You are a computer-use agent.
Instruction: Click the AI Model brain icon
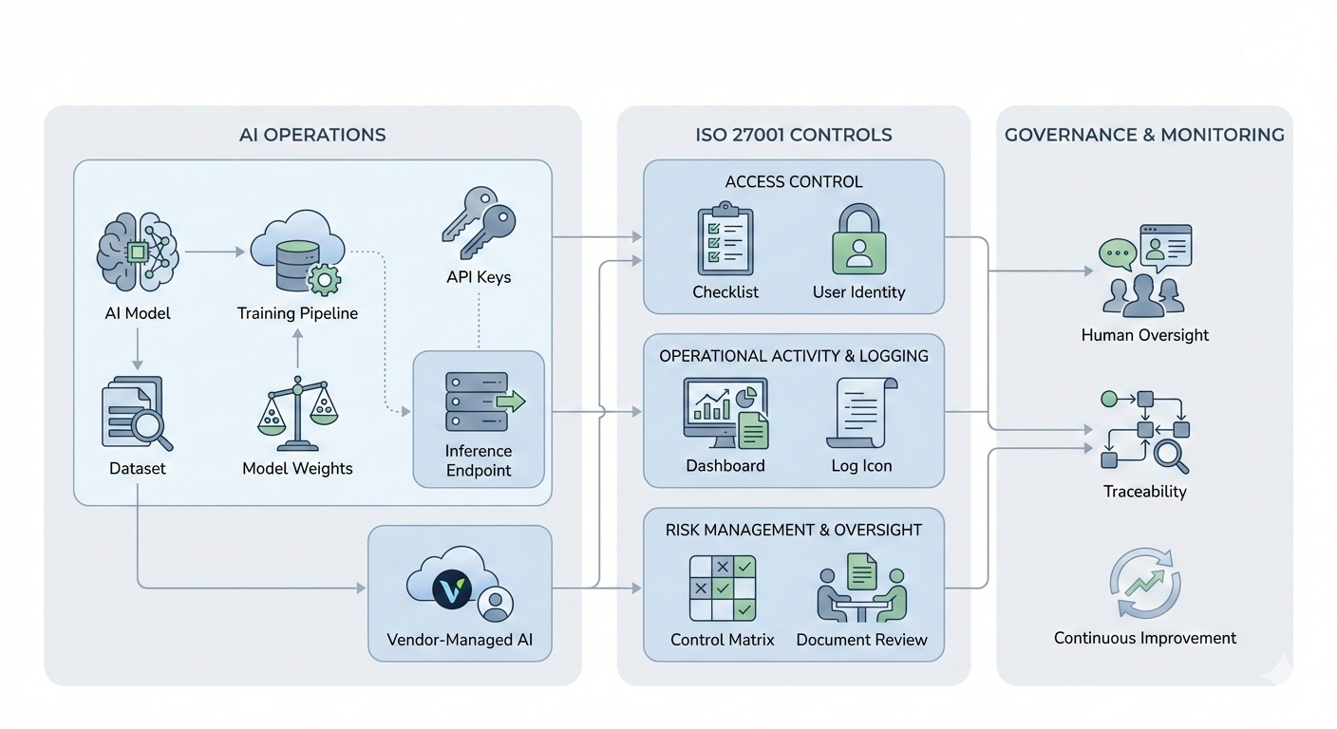click(139, 251)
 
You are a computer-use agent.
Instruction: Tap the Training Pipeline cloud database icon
click(295, 252)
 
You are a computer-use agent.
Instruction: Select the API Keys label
click(478, 277)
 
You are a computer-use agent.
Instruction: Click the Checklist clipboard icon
click(725, 238)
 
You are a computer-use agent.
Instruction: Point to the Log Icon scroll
click(861, 413)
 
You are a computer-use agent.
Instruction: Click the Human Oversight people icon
click(1143, 271)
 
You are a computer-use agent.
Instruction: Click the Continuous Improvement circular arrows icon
click(1144, 584)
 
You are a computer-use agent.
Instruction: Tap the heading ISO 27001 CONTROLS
click(793, 135)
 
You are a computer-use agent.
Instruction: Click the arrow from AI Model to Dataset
click(138, 349)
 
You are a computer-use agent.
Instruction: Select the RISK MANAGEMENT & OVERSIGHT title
click(793, 530)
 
